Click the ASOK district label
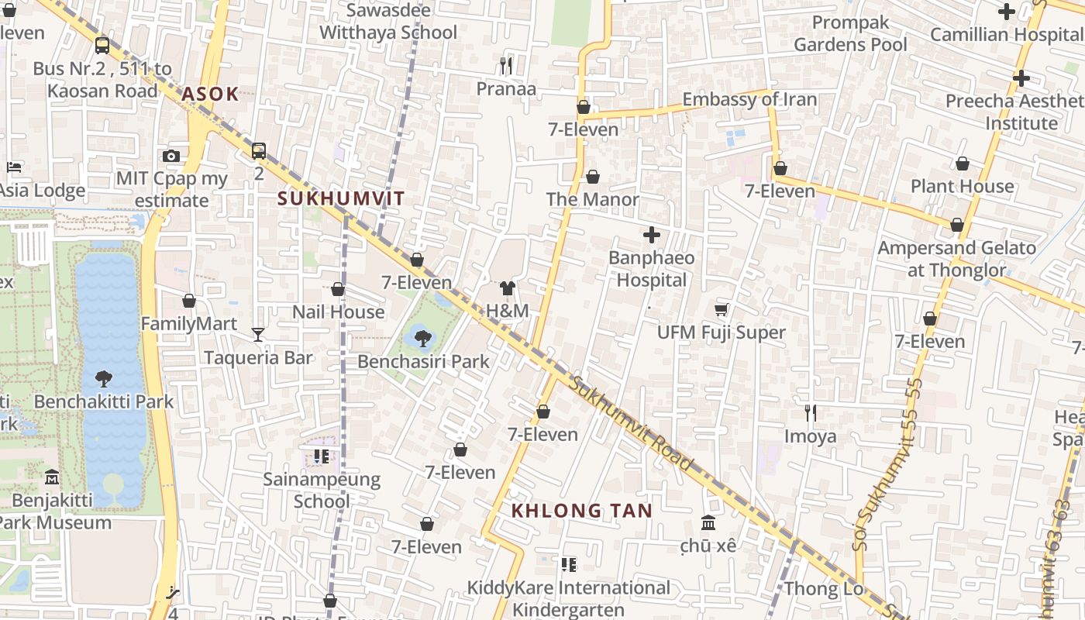click(x=210, y=95)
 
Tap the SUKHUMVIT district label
click(x=341, y=198)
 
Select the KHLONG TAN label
click(x=582, y=511)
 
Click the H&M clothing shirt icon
click(x=508, y=289)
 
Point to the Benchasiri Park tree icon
click(x=423, y=338)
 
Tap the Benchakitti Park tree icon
click(x=104, y=379)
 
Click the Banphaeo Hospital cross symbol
click(x=652, y=234)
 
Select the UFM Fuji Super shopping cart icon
click(x=722, y=310)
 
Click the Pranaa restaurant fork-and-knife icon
click(x=506, y=66)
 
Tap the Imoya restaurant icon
click(x=811, y=413)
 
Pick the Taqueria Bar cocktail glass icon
click(x=258, y=334)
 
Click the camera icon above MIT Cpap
click(x=172, y=156)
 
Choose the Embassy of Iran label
click(x=749, y=99)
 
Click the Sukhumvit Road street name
click(x=631, y=423)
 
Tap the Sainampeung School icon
click(x=322, y=456)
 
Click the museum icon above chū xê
click(x=708, y=523)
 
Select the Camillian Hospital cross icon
click(x=1007, y=12)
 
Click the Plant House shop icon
click(x=962, y=164)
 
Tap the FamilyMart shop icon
click(x=189, y=301)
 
